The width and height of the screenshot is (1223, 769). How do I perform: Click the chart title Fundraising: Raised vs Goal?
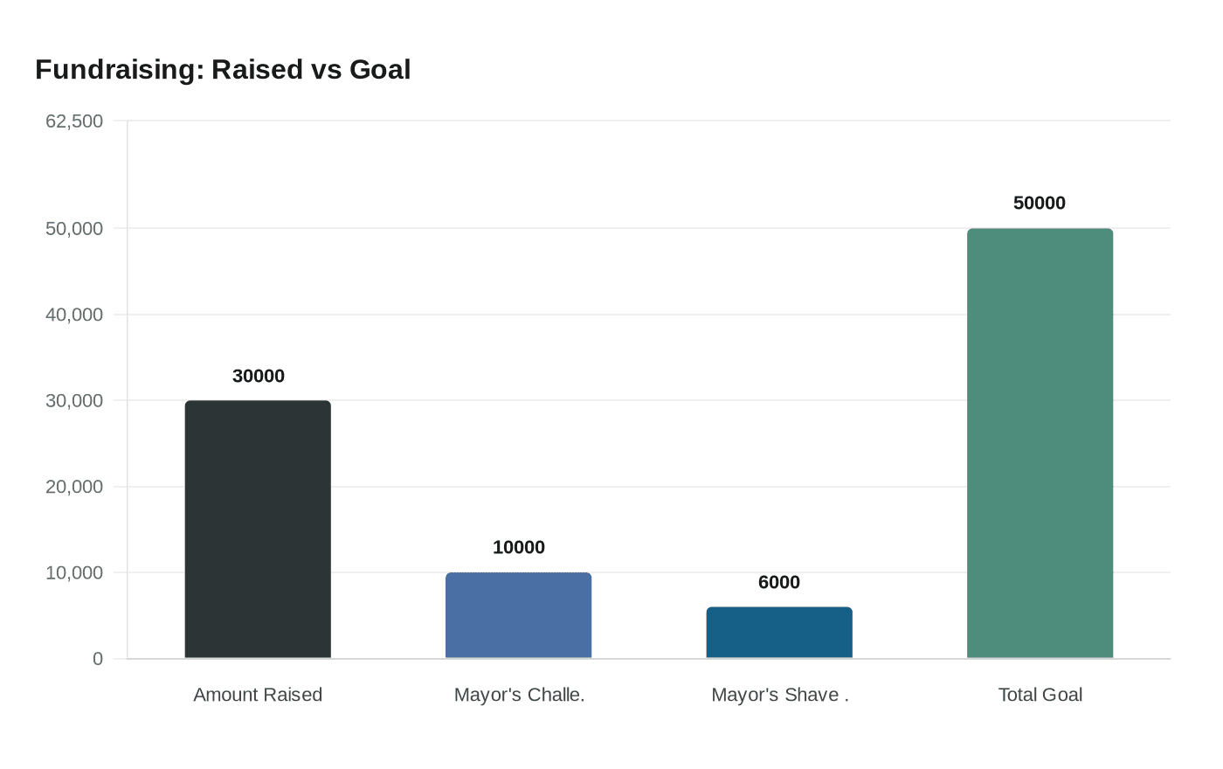click(x=223, y=70)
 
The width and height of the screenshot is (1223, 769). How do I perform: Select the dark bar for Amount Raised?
click(x=258, y=530)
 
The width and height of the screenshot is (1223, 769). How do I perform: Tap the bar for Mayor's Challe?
click(x=518, y=615)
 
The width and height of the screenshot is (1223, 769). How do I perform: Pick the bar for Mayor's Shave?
click(x=779, y=633)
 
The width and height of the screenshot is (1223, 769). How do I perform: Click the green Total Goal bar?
click(x=1040, y=443)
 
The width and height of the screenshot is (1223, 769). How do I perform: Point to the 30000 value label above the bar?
click(x=259, y=376)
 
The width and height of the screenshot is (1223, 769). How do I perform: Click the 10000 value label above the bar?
click(x=519, y=547)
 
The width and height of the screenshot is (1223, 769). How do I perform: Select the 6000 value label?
click(x=779, y=582)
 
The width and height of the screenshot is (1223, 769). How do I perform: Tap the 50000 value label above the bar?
click(x=1040, y=203)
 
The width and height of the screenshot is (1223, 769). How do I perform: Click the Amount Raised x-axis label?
click(x=258, y=695)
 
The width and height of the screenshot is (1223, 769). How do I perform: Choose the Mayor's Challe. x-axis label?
click(x=519, y=695)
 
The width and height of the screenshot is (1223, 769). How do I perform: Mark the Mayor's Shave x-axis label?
click(x=779, y=695)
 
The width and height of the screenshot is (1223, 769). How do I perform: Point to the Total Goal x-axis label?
click(x=1040, y=695)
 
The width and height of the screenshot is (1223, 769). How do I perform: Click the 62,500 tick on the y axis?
click(x=74, y=121)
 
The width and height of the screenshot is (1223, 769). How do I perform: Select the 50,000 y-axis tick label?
click(x=74, y=229)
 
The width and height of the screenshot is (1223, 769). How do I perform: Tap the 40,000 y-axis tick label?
click(x=74, y=315)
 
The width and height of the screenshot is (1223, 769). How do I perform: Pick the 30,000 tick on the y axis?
click(x=74, y=401)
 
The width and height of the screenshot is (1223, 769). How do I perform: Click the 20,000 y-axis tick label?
click(x=74, y=487)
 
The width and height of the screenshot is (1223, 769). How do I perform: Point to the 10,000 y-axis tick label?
click(x=74, y=573)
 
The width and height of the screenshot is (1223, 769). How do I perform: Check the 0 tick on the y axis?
click(x=98, y=659)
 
